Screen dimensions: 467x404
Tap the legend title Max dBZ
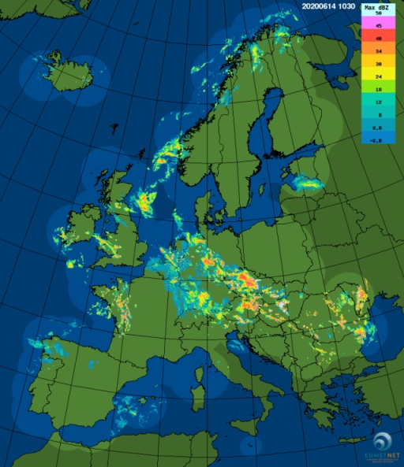[379, 7]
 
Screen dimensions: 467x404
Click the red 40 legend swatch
[379, 39]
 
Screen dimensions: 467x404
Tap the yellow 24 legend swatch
[379, 77]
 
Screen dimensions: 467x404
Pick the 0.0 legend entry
[379, 128]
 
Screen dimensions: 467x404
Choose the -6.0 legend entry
[379, 140]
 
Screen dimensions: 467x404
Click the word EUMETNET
[383, 456]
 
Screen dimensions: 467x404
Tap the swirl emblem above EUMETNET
[383, 441]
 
